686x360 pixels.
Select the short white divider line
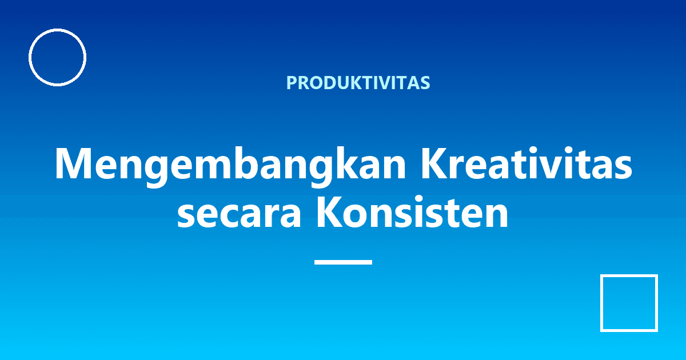coord(343,262)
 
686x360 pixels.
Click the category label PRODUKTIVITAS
coord(358,83)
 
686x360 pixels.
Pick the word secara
coord(240,213)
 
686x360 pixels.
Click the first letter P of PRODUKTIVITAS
coord(292,83)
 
